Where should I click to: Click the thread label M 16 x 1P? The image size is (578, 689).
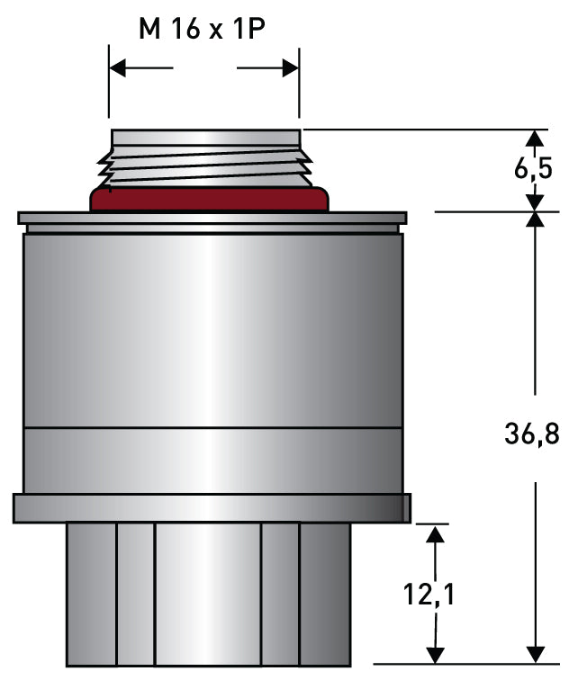tap(202, 29)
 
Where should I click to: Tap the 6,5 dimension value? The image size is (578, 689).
tap(533, 168)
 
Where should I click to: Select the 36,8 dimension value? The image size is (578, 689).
tap(532, 434)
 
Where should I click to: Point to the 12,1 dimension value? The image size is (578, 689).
tap(429, 594)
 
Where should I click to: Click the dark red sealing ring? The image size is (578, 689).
tap(209, 199)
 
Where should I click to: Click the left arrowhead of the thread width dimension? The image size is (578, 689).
tap(117, 67)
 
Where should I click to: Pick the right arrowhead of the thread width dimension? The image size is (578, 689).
tap(290, 67)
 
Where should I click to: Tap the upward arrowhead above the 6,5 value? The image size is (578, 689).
tap(535, 138)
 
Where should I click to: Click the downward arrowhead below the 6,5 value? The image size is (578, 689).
tap(535, 203)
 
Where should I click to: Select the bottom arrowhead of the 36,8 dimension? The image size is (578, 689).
tap(535, 654)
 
